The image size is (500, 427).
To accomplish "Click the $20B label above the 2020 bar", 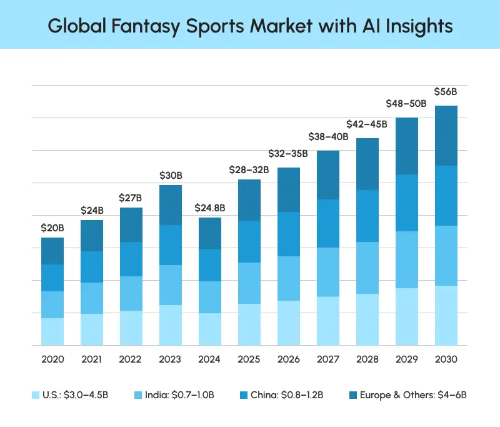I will (52, 228).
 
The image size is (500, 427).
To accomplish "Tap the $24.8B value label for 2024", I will (210, 208).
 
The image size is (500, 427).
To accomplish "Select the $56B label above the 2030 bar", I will (446, 92).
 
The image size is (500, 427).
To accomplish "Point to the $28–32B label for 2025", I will (249, 169).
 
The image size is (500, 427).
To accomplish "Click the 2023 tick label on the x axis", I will (171, 359).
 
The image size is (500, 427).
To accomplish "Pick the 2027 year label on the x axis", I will (328, 359).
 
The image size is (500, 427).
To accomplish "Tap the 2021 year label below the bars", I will (92, 359).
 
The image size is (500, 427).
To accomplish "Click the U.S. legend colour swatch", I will (36, 395).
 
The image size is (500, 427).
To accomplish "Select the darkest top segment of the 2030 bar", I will (446, 136).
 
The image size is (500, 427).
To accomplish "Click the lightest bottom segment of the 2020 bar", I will (52, 331).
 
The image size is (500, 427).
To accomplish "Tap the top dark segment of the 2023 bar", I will (171, 205).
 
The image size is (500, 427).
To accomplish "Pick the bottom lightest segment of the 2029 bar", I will (407, 316).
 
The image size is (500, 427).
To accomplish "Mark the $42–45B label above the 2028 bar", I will (367, 123).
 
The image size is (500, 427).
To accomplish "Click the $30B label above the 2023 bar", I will (171, 175).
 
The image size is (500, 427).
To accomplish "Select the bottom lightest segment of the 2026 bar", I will (289, 323).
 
